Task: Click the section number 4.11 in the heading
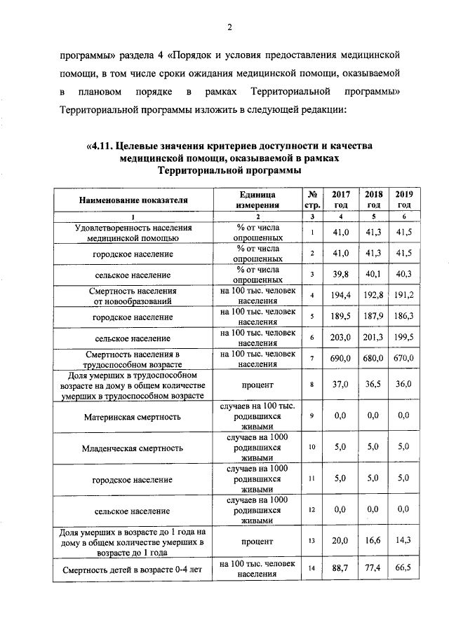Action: (100, 146)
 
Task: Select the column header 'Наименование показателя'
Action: (134, 200)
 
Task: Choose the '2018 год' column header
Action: (373, 200)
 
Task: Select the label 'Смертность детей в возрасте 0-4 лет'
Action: (134, 569)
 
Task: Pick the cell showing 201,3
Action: (373, 338)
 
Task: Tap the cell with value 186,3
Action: (403, 317)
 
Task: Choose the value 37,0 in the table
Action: (341, 385)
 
